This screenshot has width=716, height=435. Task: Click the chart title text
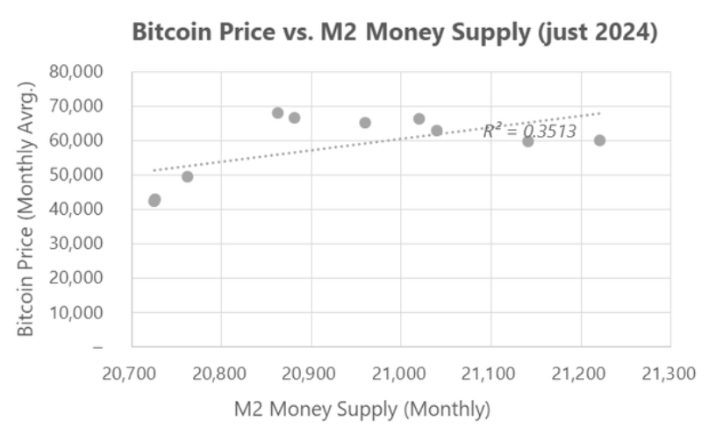[x=395, y=32]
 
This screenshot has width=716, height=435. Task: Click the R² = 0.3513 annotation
[x=529, y=132]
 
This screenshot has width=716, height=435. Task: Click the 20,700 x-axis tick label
[x=131, y=373]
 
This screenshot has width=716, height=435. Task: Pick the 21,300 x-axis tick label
[x=670, y=373]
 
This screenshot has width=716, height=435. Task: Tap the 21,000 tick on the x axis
[x=400, y=373]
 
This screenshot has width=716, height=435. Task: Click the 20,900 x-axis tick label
[x=311, y=373]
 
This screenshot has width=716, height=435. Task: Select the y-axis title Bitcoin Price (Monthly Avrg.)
[x=26, y=209]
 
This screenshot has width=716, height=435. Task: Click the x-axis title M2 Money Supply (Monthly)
[x=362, y=410]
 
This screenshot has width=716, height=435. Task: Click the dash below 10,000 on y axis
[x=98, y=347]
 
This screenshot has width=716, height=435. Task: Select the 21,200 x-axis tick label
[x=580, y=373]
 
